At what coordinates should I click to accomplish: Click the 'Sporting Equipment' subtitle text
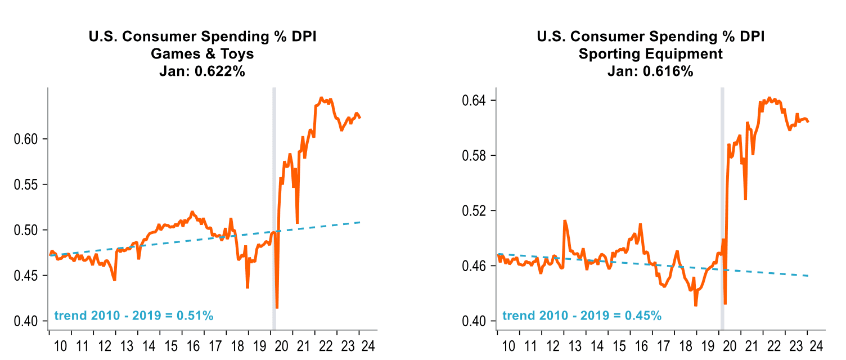click(650, 54)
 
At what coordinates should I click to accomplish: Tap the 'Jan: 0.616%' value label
click(650, 71)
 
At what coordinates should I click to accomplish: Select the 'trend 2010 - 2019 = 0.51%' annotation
click(133, 316)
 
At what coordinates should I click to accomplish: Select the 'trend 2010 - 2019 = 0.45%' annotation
click(582, 316)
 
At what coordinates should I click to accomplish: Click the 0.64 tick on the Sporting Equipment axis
click(474, 100)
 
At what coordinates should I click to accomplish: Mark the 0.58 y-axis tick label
click(474, 155)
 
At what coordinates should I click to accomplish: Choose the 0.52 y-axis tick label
click(474, 210)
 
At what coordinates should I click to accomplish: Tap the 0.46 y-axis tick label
click(474, 265)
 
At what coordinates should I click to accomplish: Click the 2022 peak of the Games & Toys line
click(321, 98)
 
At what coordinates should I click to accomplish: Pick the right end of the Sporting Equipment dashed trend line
click(808, 276)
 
